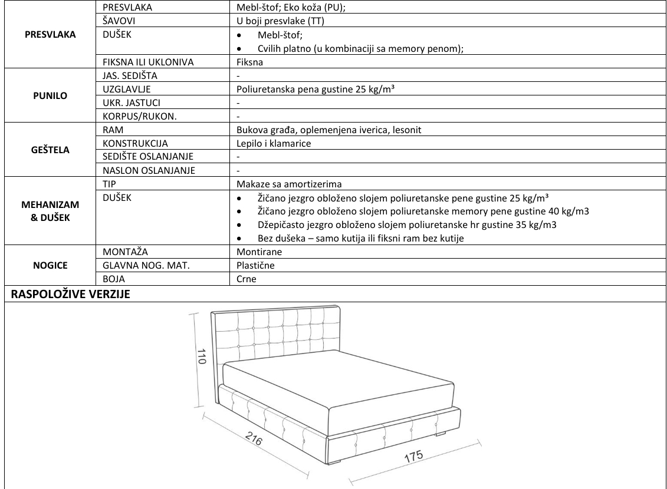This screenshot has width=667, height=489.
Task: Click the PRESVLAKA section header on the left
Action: click(x=50, y=35)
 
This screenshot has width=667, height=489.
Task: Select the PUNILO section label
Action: click(x=50, y=95)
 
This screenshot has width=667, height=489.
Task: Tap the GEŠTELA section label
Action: click(x=50, y=150)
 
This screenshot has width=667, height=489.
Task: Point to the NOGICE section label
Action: click(x=50, y=265)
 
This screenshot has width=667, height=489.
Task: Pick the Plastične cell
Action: click(x=255, y=265)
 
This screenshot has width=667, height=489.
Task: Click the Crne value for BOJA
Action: click(x=246, y=279)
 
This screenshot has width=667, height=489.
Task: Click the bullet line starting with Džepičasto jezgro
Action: click(x=407, y=225)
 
